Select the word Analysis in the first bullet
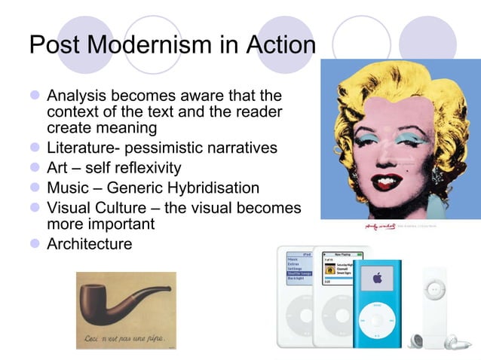click(x=78, y=96)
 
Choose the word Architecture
click(x=89, y=244)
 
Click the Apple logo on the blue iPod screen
click(x=378, y=279)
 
